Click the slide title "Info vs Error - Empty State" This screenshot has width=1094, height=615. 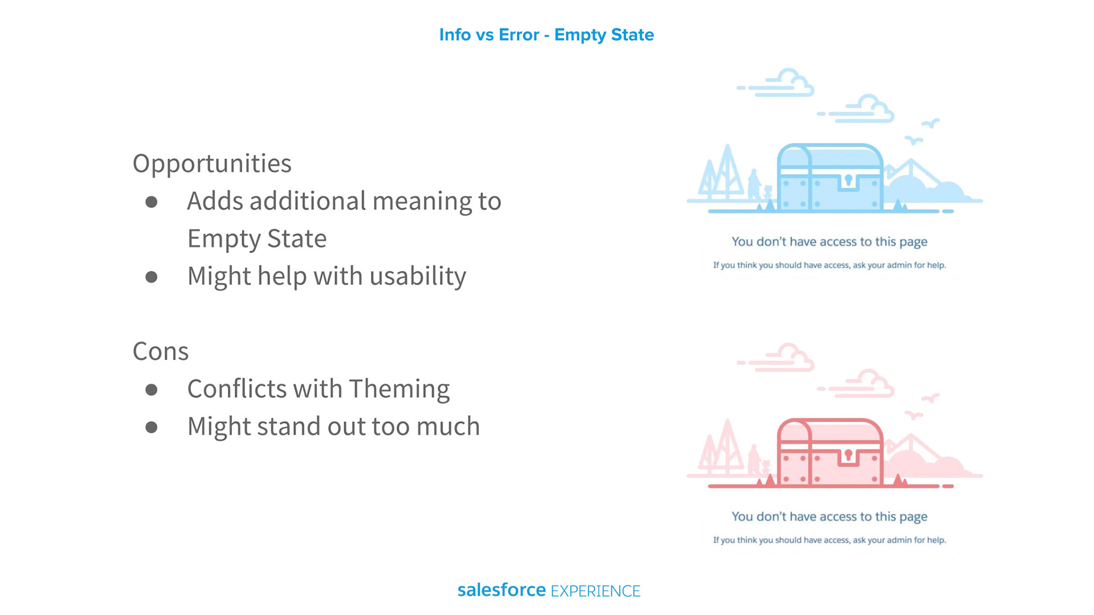pos(546,35)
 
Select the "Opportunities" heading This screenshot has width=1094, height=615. pos(212,164)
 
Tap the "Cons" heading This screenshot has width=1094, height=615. pos(161,351)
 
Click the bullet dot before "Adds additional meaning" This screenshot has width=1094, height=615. pos(152,202)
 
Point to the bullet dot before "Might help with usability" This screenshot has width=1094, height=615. pos(152,277)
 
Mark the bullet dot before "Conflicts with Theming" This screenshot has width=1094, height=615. pos(152,389)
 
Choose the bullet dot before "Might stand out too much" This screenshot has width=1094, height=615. pos(152,427)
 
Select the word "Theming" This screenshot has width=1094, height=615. pos(399,389)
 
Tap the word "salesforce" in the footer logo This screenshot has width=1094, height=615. pos(501,590)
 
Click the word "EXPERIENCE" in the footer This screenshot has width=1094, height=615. pos(595,591)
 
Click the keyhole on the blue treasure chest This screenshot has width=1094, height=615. pos(848,181)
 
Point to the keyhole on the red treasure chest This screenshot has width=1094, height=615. pos(848,455)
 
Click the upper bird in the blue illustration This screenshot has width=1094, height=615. pos(930,123)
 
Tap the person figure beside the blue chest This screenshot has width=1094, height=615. pos(754,184)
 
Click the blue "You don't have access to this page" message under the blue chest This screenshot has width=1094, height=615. pos(830,242)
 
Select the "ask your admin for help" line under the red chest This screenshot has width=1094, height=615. pos(830,540)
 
